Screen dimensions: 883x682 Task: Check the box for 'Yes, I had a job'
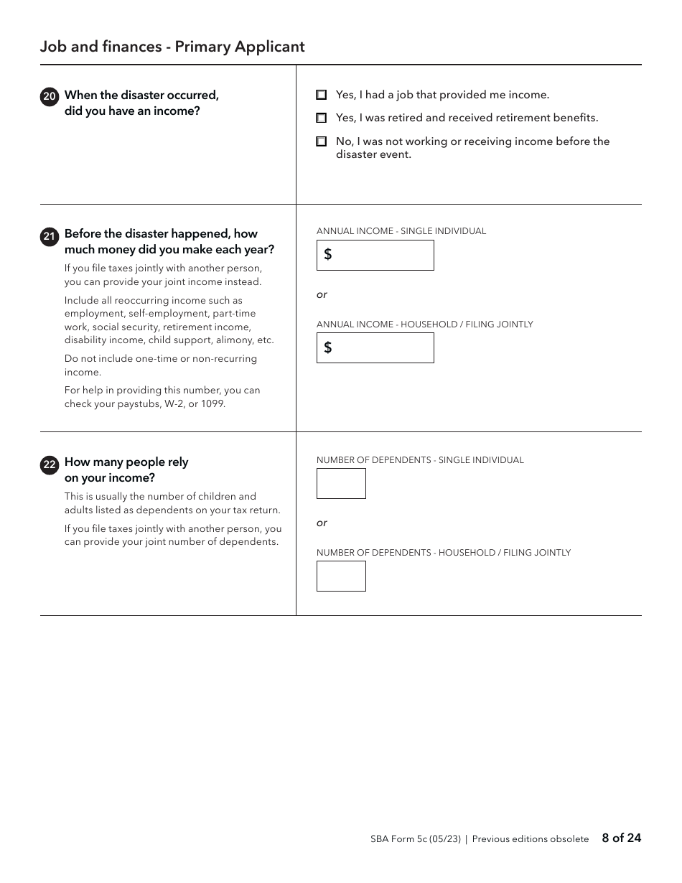[322, 95]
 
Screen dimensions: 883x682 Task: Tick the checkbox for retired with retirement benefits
[322, 118]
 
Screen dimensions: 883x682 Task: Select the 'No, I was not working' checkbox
[322, 142]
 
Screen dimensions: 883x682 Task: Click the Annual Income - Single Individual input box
[375, 255]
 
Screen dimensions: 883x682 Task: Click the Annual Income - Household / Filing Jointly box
[375, 348]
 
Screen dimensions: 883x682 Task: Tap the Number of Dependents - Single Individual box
[341, 483]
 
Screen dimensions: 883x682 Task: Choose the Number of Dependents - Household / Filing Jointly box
[341, 576]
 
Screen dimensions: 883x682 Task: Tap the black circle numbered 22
[50, 465]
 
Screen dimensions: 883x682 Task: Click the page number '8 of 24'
[621, 838]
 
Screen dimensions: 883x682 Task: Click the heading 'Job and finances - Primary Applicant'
[172, 47]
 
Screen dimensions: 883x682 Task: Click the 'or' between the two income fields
[322, 294]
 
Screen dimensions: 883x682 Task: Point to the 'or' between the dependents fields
[322, 523]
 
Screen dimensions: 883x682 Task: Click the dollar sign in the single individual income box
[328, 255]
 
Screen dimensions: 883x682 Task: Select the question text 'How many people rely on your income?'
[126, 469]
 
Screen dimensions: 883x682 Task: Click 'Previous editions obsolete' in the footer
[530, 839]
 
